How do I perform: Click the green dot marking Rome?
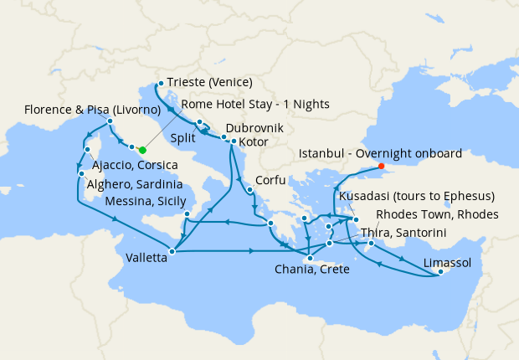tap(142, 150)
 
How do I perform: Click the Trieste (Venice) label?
tap(210, 82)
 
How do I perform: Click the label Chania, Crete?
tap(313, 270)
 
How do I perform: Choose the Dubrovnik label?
tap(254, 128)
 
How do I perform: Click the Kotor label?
tap(254, 143)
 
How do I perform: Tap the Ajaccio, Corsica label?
tap(136, 166)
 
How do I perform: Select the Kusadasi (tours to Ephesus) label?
tap(418, 196)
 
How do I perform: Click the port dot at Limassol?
tap(441, 273)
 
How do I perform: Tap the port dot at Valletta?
tap(172, 250)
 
